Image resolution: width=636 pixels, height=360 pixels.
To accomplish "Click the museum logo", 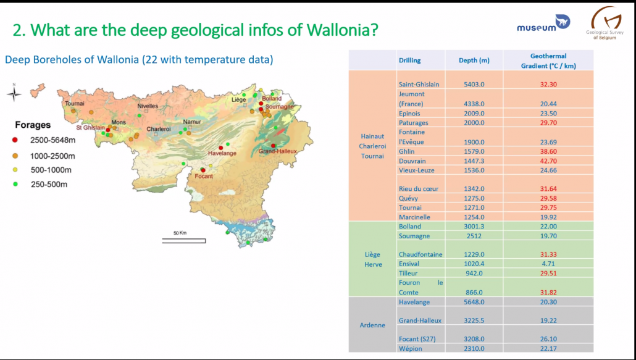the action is coord(543,24).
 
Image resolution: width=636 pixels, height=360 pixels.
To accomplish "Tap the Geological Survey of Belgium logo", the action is coord(605,23).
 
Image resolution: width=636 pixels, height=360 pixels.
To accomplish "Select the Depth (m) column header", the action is coord(474,61).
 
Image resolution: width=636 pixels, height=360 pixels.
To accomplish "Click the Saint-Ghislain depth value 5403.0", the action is coord(474,85).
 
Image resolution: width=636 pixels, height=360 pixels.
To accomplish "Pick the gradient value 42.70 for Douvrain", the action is coord(548,161).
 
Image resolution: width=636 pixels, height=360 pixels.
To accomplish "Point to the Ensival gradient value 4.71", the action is coord(548,264).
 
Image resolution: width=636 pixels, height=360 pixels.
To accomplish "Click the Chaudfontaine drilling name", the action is coord(421,254).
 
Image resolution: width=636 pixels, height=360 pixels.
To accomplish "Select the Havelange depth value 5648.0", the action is coord(474,302).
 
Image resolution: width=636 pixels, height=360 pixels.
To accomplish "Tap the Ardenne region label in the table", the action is coord(372,325).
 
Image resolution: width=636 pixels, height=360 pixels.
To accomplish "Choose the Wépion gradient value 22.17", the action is coord(548,349).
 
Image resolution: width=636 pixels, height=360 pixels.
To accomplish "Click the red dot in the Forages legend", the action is coord(15,140).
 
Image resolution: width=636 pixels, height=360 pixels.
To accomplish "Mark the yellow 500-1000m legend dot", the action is coord(15,170).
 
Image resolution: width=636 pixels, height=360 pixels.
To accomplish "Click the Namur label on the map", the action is coord(192,122).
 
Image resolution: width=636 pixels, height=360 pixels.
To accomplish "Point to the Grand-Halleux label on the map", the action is coord(277,151).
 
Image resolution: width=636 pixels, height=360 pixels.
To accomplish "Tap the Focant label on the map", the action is coord(204,177).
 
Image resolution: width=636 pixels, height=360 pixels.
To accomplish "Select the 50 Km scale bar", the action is coord(184,241).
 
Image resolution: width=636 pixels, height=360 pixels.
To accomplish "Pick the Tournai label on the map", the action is coord(75,103).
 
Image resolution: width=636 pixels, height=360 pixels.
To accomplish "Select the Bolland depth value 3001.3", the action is coord(474,227).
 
